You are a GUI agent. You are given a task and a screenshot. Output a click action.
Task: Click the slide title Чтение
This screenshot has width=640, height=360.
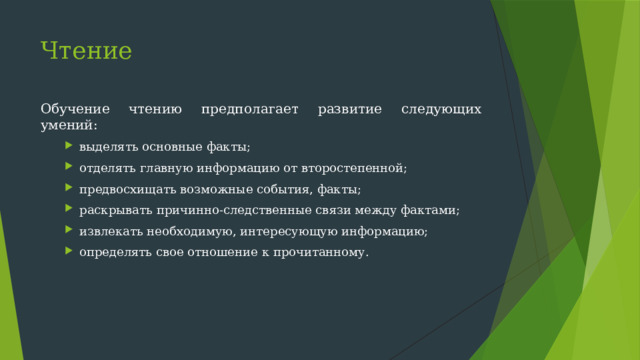pyautogui.click(x=86, y=50)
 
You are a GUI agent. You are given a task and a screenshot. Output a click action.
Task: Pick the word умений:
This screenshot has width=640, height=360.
pyautogui.click(x=69, y=125)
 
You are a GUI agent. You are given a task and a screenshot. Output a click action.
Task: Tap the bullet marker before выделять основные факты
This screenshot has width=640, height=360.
pyautogui.click(x=71, y=147)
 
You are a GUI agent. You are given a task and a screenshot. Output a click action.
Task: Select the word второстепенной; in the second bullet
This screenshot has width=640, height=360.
pyautogui.click(x=358, y=168)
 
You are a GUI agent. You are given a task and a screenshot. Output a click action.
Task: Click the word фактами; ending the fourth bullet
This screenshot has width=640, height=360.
pyautogui.click(x=432, y=210)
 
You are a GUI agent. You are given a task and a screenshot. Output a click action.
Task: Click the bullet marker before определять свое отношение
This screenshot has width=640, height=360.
pyautogui.click(x=71, y=252)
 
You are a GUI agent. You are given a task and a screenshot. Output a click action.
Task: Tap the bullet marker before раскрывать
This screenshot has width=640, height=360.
pyautogui.click(x=71, y=210)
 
